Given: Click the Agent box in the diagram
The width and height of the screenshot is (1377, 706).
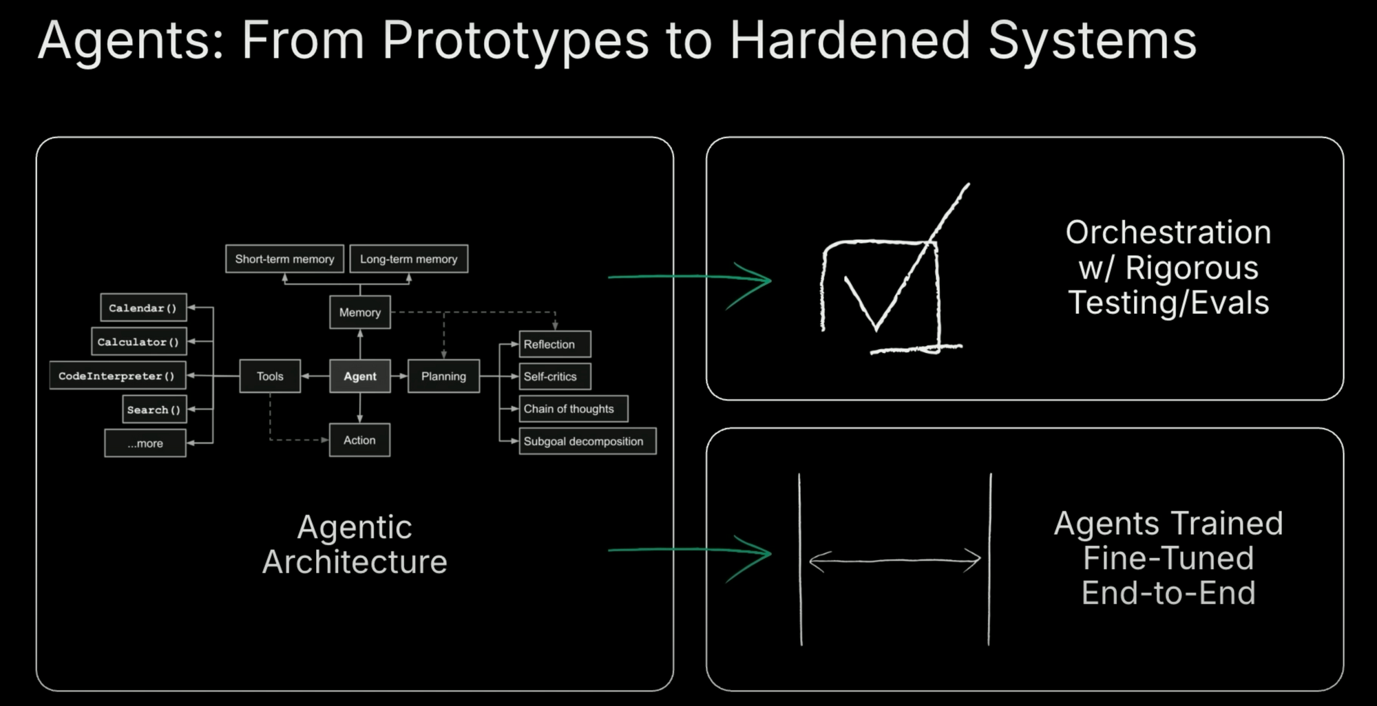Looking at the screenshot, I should pyautogui.click(x=359, y=376).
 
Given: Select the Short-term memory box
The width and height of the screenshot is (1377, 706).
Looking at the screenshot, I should pyautogui.click(x=284, y=259).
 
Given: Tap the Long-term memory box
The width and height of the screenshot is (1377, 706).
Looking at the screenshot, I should pyautogui.click(x=408, y=259).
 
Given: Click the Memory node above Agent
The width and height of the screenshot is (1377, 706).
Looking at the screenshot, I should pyautogui.click(x=359, y=312).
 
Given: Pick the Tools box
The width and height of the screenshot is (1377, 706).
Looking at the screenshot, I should pyautogui.click(x=270, y=376).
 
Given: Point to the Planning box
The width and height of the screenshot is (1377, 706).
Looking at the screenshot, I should pyautogui.click(x=443, y=376).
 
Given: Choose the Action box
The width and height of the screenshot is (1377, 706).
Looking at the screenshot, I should pyautogui.click(x=359, y=440).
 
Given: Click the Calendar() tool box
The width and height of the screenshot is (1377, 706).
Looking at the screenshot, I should pyautogui.click(x=143, y=308).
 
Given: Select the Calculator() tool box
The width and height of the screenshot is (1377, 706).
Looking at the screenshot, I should pyautogui.click(x=138, y=341).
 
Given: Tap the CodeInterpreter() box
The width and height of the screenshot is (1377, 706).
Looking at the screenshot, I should pyautogui.click(x=117, y=376).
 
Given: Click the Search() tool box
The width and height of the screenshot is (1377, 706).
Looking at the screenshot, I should pyautogui.click(x=154, y=409).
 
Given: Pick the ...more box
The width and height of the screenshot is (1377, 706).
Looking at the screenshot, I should pyautogui.click(x=145, y=443).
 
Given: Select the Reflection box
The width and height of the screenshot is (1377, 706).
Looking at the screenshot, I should pyautogui.click(x=555, y=344).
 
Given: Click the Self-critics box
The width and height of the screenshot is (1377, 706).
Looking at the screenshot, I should pyautogui.click(x=555, y=376).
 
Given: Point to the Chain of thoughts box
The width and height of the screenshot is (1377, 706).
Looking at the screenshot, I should pyautogui.click(x=573, y=409).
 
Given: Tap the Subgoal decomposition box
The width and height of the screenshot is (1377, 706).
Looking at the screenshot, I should pyautogui.click(x=587, y=441).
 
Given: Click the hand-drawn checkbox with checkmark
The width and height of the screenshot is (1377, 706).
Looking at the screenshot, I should pyautogui.click(x=888, y=289).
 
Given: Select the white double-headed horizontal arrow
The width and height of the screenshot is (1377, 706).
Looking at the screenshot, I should pyautogui.click(x=895, y=560).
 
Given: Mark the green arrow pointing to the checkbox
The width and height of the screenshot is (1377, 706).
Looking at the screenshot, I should pyautogui.click(x=688, y=277).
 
